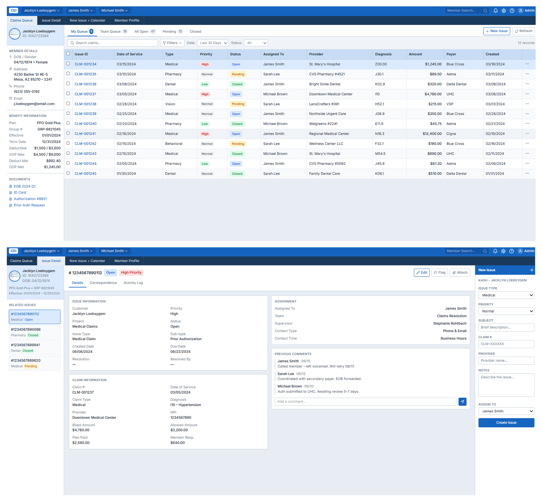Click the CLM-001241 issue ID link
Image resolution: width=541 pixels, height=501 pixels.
click(85, 134)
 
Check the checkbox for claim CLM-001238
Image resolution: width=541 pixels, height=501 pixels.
click(68, 104)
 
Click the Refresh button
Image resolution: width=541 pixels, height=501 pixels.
click(524, 31)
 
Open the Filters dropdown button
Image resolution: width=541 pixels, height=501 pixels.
click(172, 43)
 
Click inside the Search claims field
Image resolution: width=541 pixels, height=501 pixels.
click(112, 43)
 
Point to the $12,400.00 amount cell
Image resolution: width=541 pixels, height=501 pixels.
click(432, 134)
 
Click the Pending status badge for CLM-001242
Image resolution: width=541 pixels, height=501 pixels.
click(238, 144)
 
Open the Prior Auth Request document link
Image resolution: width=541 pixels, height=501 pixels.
click(29, 205)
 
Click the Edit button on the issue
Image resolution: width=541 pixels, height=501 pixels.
click(422, 273)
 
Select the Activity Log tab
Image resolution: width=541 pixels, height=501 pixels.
click(133, 283)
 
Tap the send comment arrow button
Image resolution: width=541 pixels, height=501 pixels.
click(462, 402)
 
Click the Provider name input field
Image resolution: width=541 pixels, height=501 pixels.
click(506, 360)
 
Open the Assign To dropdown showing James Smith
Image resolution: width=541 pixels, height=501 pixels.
click(506, 411)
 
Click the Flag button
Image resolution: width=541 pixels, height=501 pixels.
click(439, 273)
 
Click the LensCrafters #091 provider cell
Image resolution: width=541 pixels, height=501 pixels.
click(324, 104)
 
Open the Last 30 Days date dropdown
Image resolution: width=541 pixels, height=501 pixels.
click(213, 43)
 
